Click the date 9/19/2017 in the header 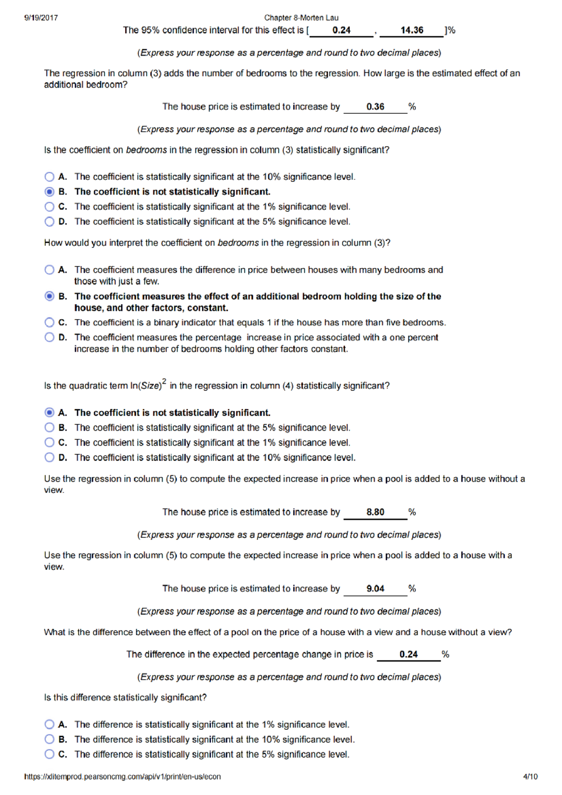41,18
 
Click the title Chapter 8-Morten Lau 301,18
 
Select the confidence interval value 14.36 412,30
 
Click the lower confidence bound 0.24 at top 341,30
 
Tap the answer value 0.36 375,107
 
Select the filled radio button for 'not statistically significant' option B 49,192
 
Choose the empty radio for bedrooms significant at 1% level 49,207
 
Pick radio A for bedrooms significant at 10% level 49,177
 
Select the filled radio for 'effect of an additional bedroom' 49,296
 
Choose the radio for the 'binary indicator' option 49,322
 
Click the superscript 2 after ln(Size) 164,382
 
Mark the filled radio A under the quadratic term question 49,413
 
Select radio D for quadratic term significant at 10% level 49,457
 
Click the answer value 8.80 375,512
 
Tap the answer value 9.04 375,589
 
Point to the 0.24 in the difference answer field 408,654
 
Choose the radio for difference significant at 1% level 49,725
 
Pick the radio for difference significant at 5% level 49,754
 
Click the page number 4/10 530,777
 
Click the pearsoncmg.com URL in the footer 123,777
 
